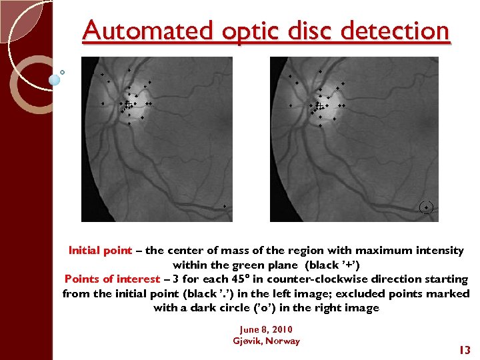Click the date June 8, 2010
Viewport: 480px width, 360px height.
[x=266, y=329]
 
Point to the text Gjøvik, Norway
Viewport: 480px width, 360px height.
[x=266, y=341]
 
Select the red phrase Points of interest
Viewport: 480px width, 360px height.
[x=112, y=279]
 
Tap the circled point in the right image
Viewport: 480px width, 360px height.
[x=427, y=207]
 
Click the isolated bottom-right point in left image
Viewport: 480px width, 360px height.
[x=225, y=206]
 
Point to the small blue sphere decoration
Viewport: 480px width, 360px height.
[x=55, y=79]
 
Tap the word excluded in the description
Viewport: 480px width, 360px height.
[x=379, y=293]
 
